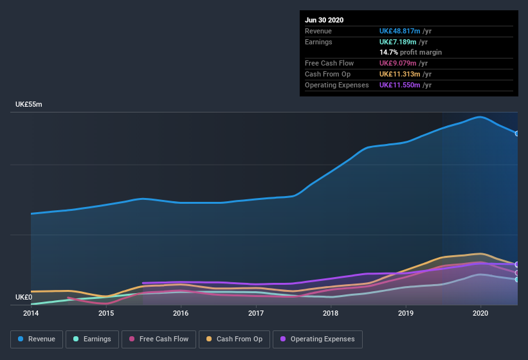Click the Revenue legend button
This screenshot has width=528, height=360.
[x=37, y=339]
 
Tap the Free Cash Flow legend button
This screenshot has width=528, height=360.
[x=158, y=339]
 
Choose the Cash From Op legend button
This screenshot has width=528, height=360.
[x=234, y=339]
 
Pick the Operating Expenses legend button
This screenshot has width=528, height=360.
[x=317, y=339]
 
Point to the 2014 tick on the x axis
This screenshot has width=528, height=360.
[x=31, y=313]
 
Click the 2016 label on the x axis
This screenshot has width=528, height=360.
[x=181, y=313]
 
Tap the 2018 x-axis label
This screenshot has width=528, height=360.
[x=331, y=313]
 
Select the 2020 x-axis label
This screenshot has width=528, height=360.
[x=480, y=313]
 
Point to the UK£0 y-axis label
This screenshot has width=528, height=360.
[x=24, y=297]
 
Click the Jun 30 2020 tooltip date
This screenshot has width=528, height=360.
[x=324, y=20]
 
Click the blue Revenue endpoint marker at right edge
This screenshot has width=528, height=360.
[x=517, y=134]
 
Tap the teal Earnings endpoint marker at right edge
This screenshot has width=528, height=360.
[x=517, y=280]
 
